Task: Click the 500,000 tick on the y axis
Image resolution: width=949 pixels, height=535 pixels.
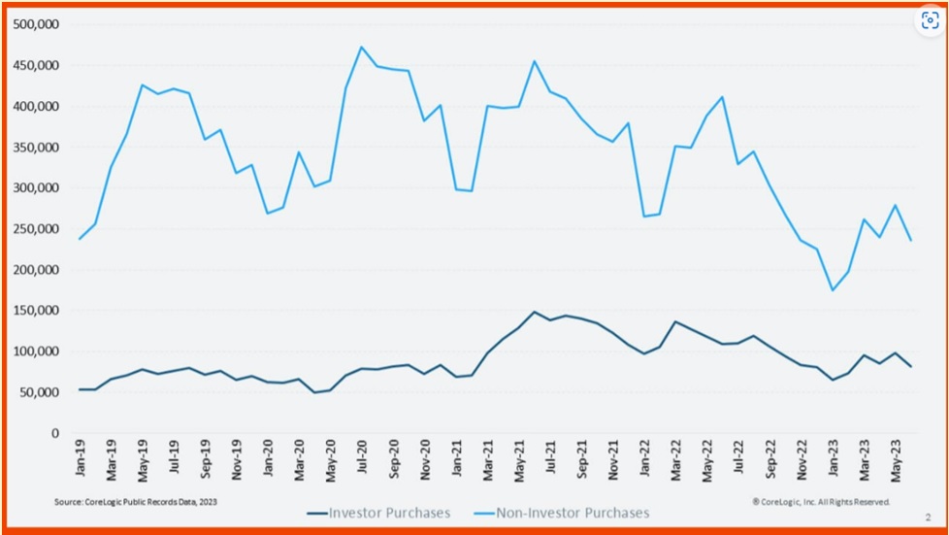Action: tap(35, 24)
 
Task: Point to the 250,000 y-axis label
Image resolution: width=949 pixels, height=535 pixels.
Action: tap(35, 229)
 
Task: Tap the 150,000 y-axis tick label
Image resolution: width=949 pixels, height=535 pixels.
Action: tap(35, 311)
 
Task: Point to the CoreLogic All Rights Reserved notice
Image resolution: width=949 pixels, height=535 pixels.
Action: tap(821, 502)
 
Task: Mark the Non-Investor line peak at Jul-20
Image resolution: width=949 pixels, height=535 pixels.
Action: tap(362, 47)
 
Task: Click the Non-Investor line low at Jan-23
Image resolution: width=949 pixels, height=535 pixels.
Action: tap(832, 290)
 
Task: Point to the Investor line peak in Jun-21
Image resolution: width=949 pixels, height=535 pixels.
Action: tap(534, 312)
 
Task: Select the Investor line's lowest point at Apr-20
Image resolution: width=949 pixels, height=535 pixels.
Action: tap(314, 392)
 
